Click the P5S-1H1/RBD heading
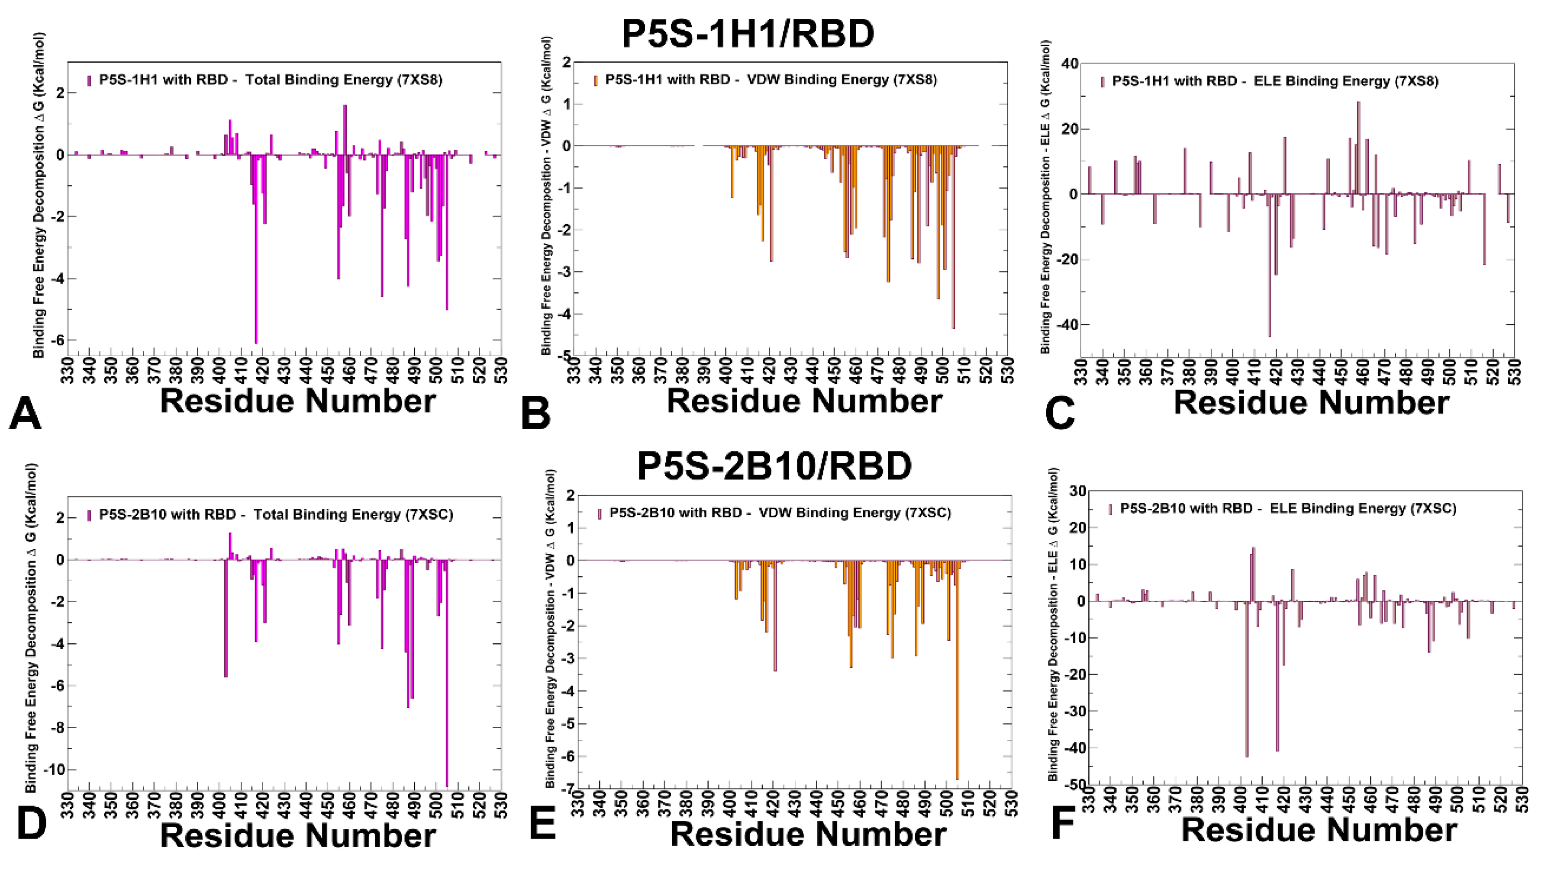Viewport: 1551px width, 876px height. (748, 34)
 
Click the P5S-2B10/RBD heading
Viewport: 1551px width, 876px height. (774, 466)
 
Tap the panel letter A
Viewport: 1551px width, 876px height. (25, 414)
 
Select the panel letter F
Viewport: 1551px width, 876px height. (1063, 824)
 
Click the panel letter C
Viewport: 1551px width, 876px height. (1060, 414)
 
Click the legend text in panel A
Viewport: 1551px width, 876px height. (271, 80)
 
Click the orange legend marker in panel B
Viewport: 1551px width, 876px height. (596, 80)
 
